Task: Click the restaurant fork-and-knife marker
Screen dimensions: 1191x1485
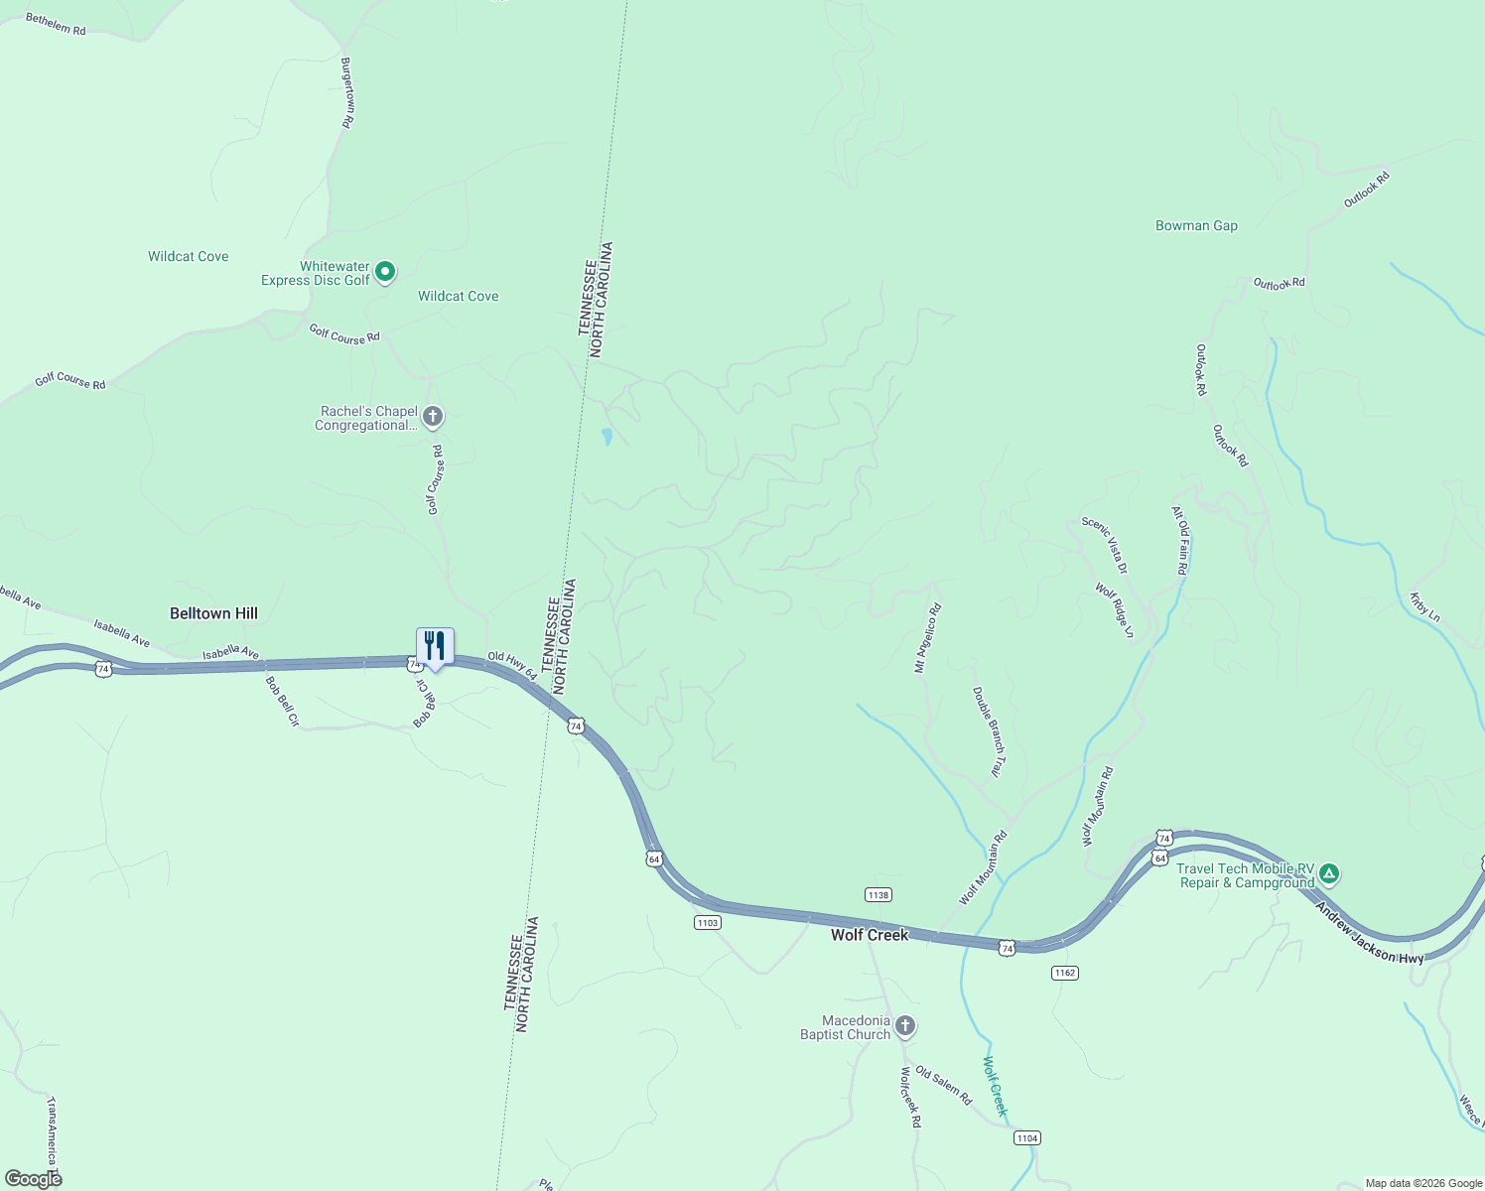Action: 435,646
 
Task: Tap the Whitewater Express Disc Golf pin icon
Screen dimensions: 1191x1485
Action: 386,271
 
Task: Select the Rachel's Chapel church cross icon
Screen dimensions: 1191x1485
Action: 433,417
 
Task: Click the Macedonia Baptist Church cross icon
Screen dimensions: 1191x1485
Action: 904,1025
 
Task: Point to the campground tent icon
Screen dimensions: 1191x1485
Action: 1329,874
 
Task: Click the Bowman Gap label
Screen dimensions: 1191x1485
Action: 1196,226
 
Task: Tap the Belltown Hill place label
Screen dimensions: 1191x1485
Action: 213,613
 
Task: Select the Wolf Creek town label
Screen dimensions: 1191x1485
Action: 870,935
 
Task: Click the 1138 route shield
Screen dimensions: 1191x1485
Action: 878,895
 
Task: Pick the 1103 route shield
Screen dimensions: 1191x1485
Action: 707,923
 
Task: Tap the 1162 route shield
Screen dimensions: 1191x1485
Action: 1065,973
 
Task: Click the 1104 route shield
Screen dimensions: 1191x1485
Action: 1027,1138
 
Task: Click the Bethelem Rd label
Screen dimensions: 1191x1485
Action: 56,24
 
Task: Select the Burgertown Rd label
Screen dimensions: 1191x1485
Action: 347,92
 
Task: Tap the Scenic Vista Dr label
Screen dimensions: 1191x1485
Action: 1105,545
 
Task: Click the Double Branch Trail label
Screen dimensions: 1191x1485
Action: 989,732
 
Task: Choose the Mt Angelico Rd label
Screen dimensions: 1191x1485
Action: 927,638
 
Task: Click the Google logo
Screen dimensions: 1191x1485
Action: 34,1179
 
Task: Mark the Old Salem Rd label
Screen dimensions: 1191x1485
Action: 943,1087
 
